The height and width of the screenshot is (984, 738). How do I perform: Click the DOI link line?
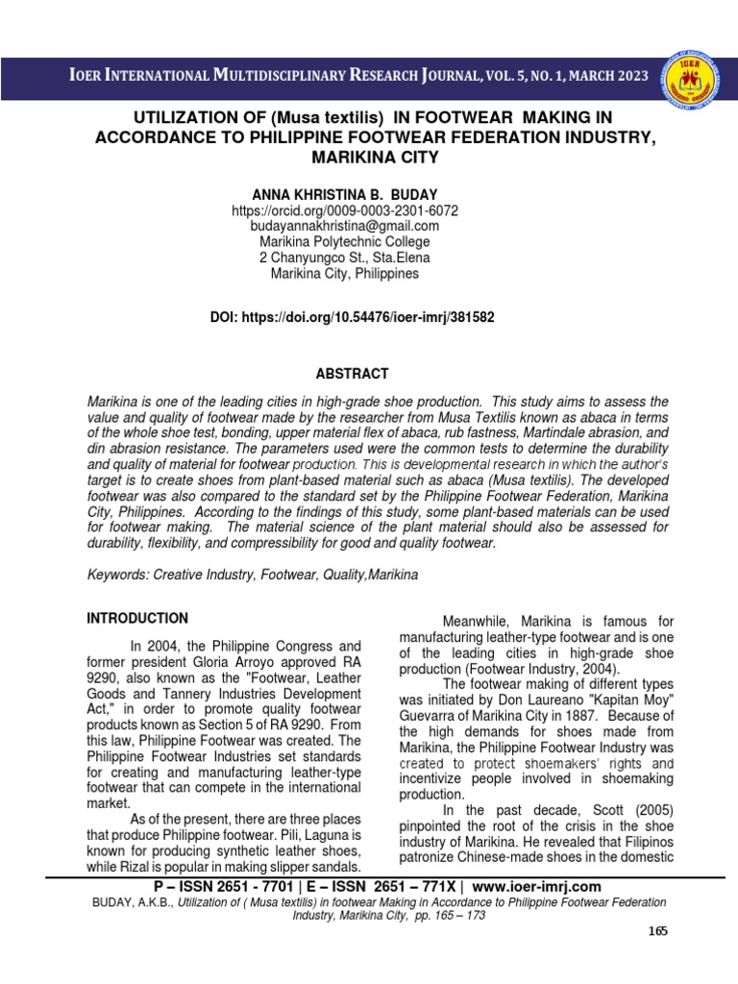click(352, 316)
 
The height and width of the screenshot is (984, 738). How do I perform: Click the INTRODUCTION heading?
click(137, 618)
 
